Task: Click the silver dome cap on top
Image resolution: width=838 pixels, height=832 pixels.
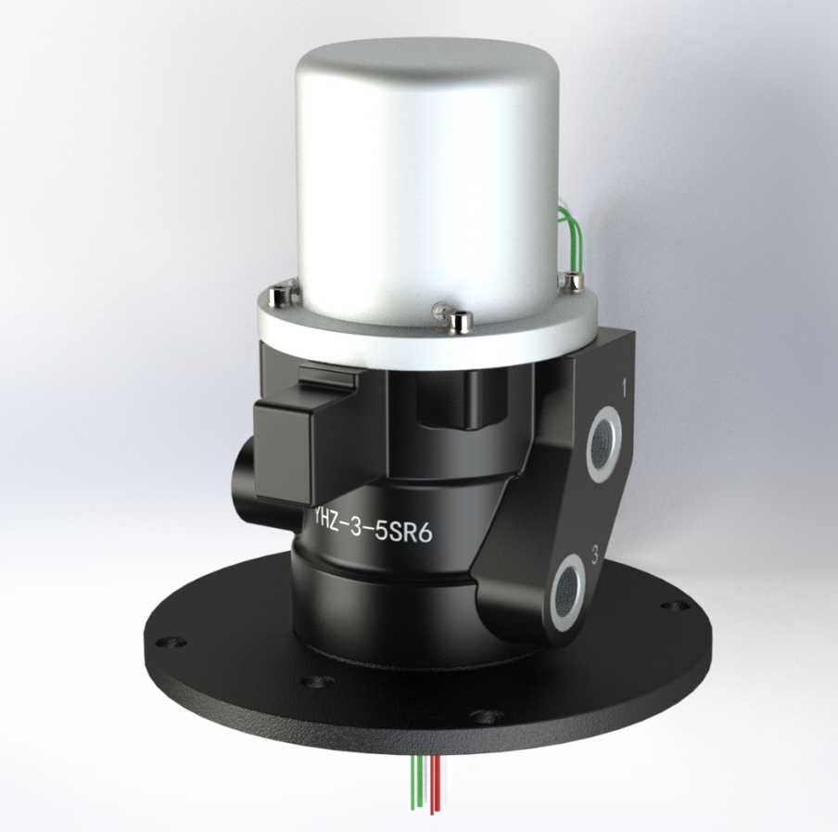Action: pyautogui.click(x=422, y=167)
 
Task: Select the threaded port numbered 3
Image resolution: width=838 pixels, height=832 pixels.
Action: pyautogui.click(x=568, y=587)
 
